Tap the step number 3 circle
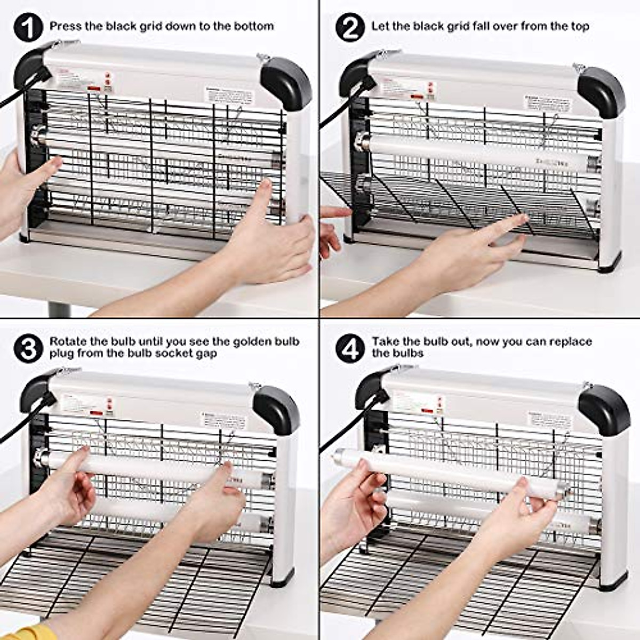(28, 348)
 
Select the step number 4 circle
(350, 348)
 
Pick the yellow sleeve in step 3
(21, 632)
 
